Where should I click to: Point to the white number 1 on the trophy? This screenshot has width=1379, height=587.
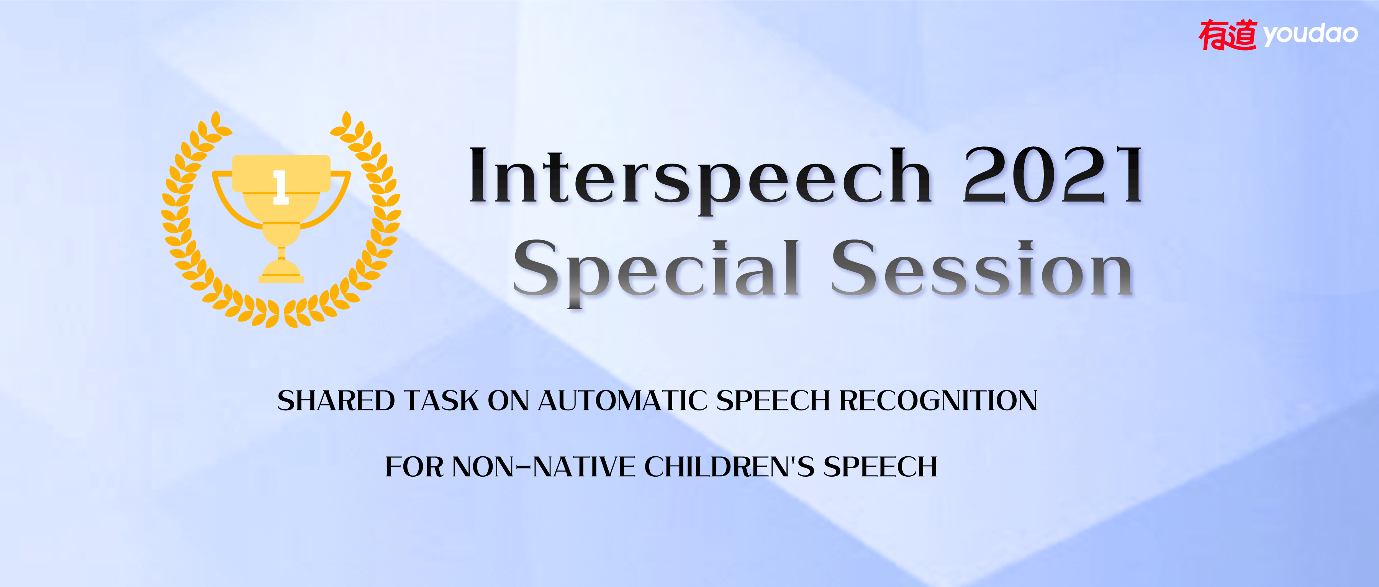280,187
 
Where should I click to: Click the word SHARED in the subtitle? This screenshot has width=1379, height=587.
336,401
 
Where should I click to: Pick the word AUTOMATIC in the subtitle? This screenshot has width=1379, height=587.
622,401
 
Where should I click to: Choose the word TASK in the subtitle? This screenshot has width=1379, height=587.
442,401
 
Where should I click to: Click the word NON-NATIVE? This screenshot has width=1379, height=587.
543,466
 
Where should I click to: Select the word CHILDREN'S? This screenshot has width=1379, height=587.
729,466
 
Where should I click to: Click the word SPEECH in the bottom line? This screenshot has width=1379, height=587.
881,466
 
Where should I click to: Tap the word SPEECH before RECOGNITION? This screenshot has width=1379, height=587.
773,401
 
